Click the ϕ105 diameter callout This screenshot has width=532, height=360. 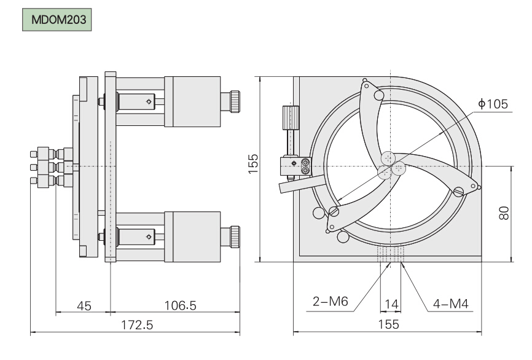point(493,104)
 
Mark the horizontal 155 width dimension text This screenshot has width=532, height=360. point(388,324)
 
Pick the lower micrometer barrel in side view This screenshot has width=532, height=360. point(192,235)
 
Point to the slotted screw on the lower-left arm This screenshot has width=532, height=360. point(334,212)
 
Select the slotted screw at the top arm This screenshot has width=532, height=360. point(378,96)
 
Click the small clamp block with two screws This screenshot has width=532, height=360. point(295,165)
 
